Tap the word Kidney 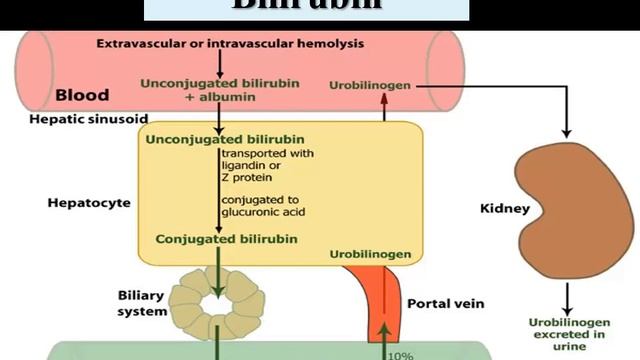point(505,210)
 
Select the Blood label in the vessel point(82,97)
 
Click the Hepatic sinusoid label point(75,118)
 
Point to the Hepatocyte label point(89,202)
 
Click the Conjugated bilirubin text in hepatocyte point(213,239)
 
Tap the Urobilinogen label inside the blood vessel point(370,86)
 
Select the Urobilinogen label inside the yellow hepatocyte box point(369,255)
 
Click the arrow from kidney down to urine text point(567,296)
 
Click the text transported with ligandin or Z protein point(267,164)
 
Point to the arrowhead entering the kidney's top point(567,133)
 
